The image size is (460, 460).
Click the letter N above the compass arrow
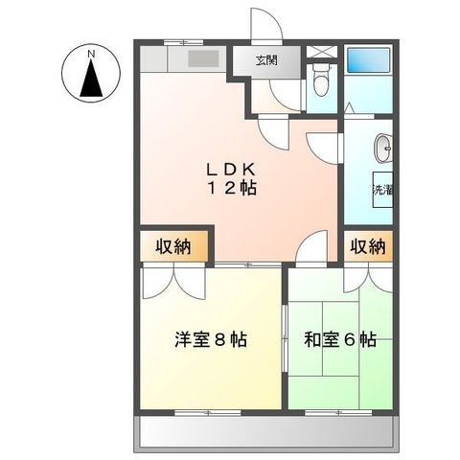coord(91,54)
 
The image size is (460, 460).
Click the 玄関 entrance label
coord(266,60)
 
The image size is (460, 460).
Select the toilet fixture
coord(321,79)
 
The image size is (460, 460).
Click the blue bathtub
coord(369,59)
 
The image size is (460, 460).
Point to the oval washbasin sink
coord(382,149)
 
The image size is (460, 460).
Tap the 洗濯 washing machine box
coord(382,190)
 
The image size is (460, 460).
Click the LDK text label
coord(231,170)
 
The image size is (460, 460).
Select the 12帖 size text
coord(232,188)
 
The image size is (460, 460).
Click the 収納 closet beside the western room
coord(173,246)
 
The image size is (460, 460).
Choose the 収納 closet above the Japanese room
coord(368,246)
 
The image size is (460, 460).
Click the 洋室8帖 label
coord(211,339)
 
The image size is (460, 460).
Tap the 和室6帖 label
coord(340,339)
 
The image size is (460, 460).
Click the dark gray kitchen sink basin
coord(203,59)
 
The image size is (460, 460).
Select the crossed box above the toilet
coord(322,52)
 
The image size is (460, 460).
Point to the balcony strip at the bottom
coord(266,433)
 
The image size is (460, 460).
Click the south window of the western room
coord(208,413)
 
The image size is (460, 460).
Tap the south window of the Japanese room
coord(338,413)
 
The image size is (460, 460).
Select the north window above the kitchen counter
coord(184,42)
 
